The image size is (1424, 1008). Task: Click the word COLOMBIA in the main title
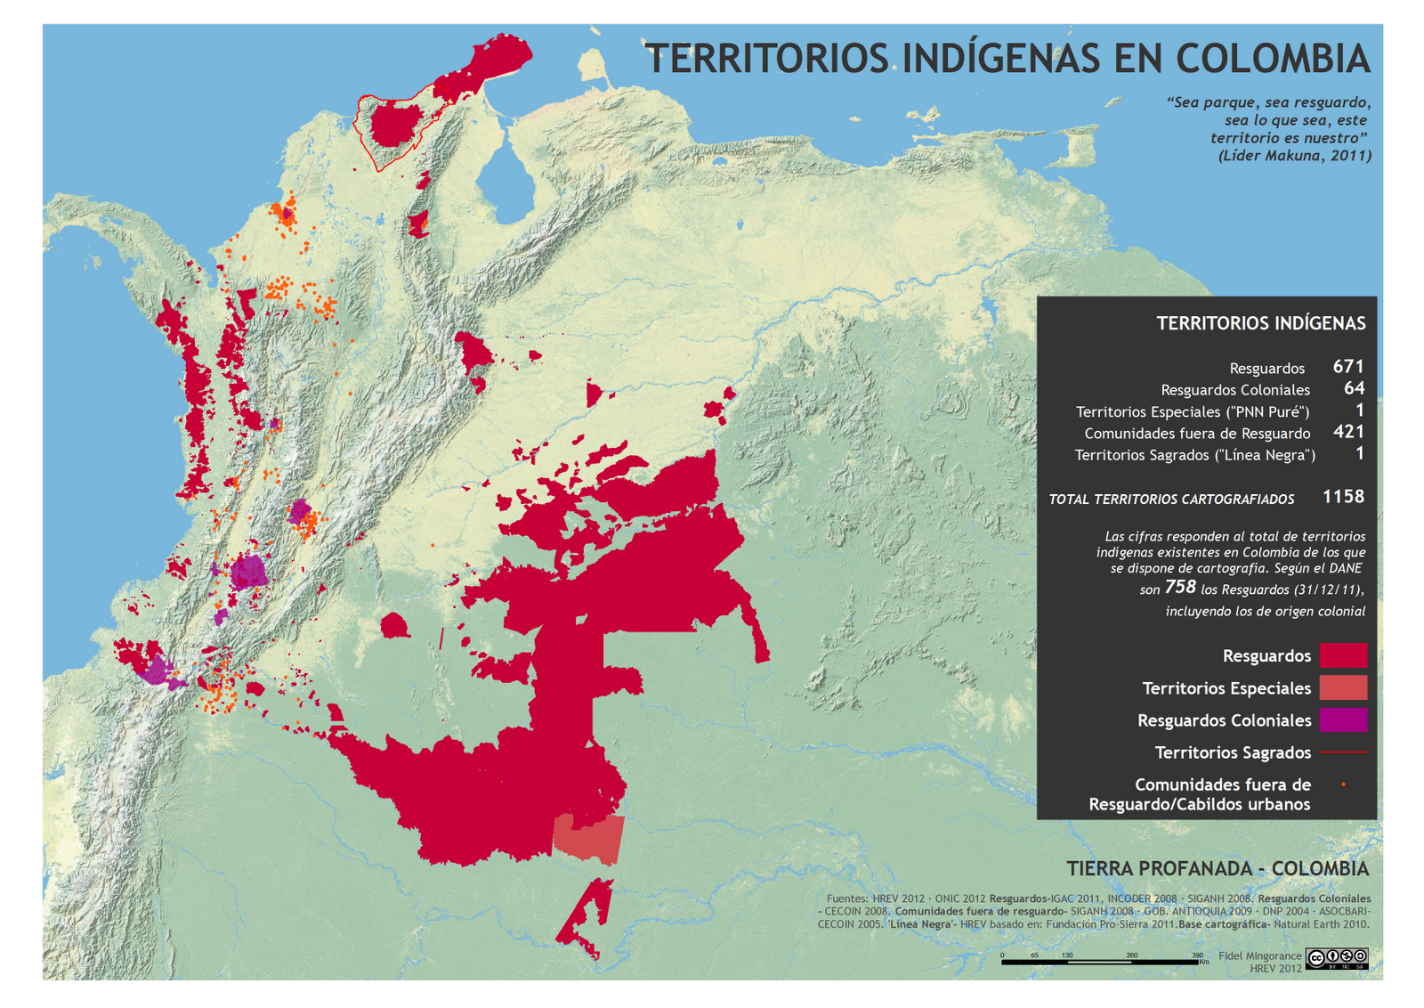point(1272,59)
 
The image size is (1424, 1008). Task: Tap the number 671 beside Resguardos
point(1348,366)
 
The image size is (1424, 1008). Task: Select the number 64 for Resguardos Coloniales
point(1354,388)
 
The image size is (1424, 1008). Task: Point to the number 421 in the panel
point(1348,432)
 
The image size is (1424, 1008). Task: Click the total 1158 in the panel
point(1343,497)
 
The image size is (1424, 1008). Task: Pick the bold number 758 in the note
point(1180,587)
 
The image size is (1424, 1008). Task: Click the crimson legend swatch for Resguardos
point(1342,655)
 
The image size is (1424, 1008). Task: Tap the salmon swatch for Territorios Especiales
point(1342,687)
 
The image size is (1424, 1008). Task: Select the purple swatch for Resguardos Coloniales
point(1342,719)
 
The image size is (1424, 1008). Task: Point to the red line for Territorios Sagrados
point(1342,752)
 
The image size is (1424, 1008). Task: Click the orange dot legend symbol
point(1343,784)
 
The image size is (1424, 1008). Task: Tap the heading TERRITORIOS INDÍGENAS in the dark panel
point(1260,323)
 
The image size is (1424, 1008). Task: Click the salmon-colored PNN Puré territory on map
point(588,838)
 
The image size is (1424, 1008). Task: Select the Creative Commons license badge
point(1337,959)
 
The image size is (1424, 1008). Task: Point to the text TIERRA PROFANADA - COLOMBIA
point(1218,868)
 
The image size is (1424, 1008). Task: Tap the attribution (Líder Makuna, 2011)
point(1294,156)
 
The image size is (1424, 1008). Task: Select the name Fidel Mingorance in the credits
point(1259,955)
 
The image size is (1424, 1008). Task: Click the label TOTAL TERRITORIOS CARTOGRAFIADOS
point(1171,500)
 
